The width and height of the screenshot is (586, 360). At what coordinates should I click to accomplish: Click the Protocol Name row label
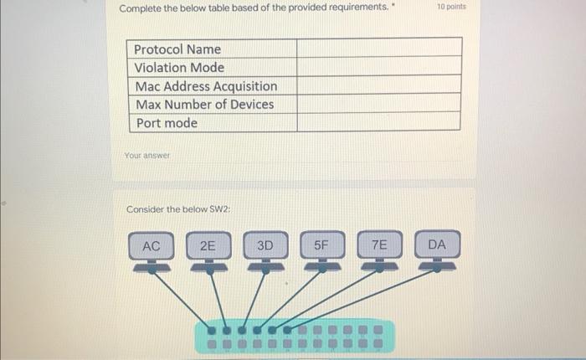(x=177, y=49)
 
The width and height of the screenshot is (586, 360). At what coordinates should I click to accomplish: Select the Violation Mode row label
(x=179, y=68)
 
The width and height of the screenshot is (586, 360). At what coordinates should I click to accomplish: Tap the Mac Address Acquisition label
(x=205, y=86)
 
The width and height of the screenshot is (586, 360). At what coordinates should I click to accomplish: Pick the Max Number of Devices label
(x=204, y=105)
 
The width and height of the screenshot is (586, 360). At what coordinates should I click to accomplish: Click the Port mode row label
(x=167, y=123)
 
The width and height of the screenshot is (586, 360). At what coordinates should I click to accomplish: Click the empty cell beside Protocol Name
(x=378, y=49)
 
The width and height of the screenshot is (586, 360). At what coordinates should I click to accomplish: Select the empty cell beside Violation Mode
(x=378, y=67)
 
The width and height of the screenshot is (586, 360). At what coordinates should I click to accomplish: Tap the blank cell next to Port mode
(x=378, y=122)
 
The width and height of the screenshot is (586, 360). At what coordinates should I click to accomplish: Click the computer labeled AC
(x=152, y=247)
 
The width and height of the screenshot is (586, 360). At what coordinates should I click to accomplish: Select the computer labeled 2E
(x=208, y=247)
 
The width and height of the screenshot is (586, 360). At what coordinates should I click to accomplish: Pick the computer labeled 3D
(x=265, y=247)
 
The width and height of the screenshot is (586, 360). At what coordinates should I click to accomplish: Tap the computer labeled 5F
(x=322, y=247)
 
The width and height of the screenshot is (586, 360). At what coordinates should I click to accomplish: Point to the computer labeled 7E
(x=379, y=247)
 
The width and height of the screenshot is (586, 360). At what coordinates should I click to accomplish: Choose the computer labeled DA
(x=436, y=247)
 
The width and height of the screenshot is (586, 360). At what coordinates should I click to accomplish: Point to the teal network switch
(x=293, y=336)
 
